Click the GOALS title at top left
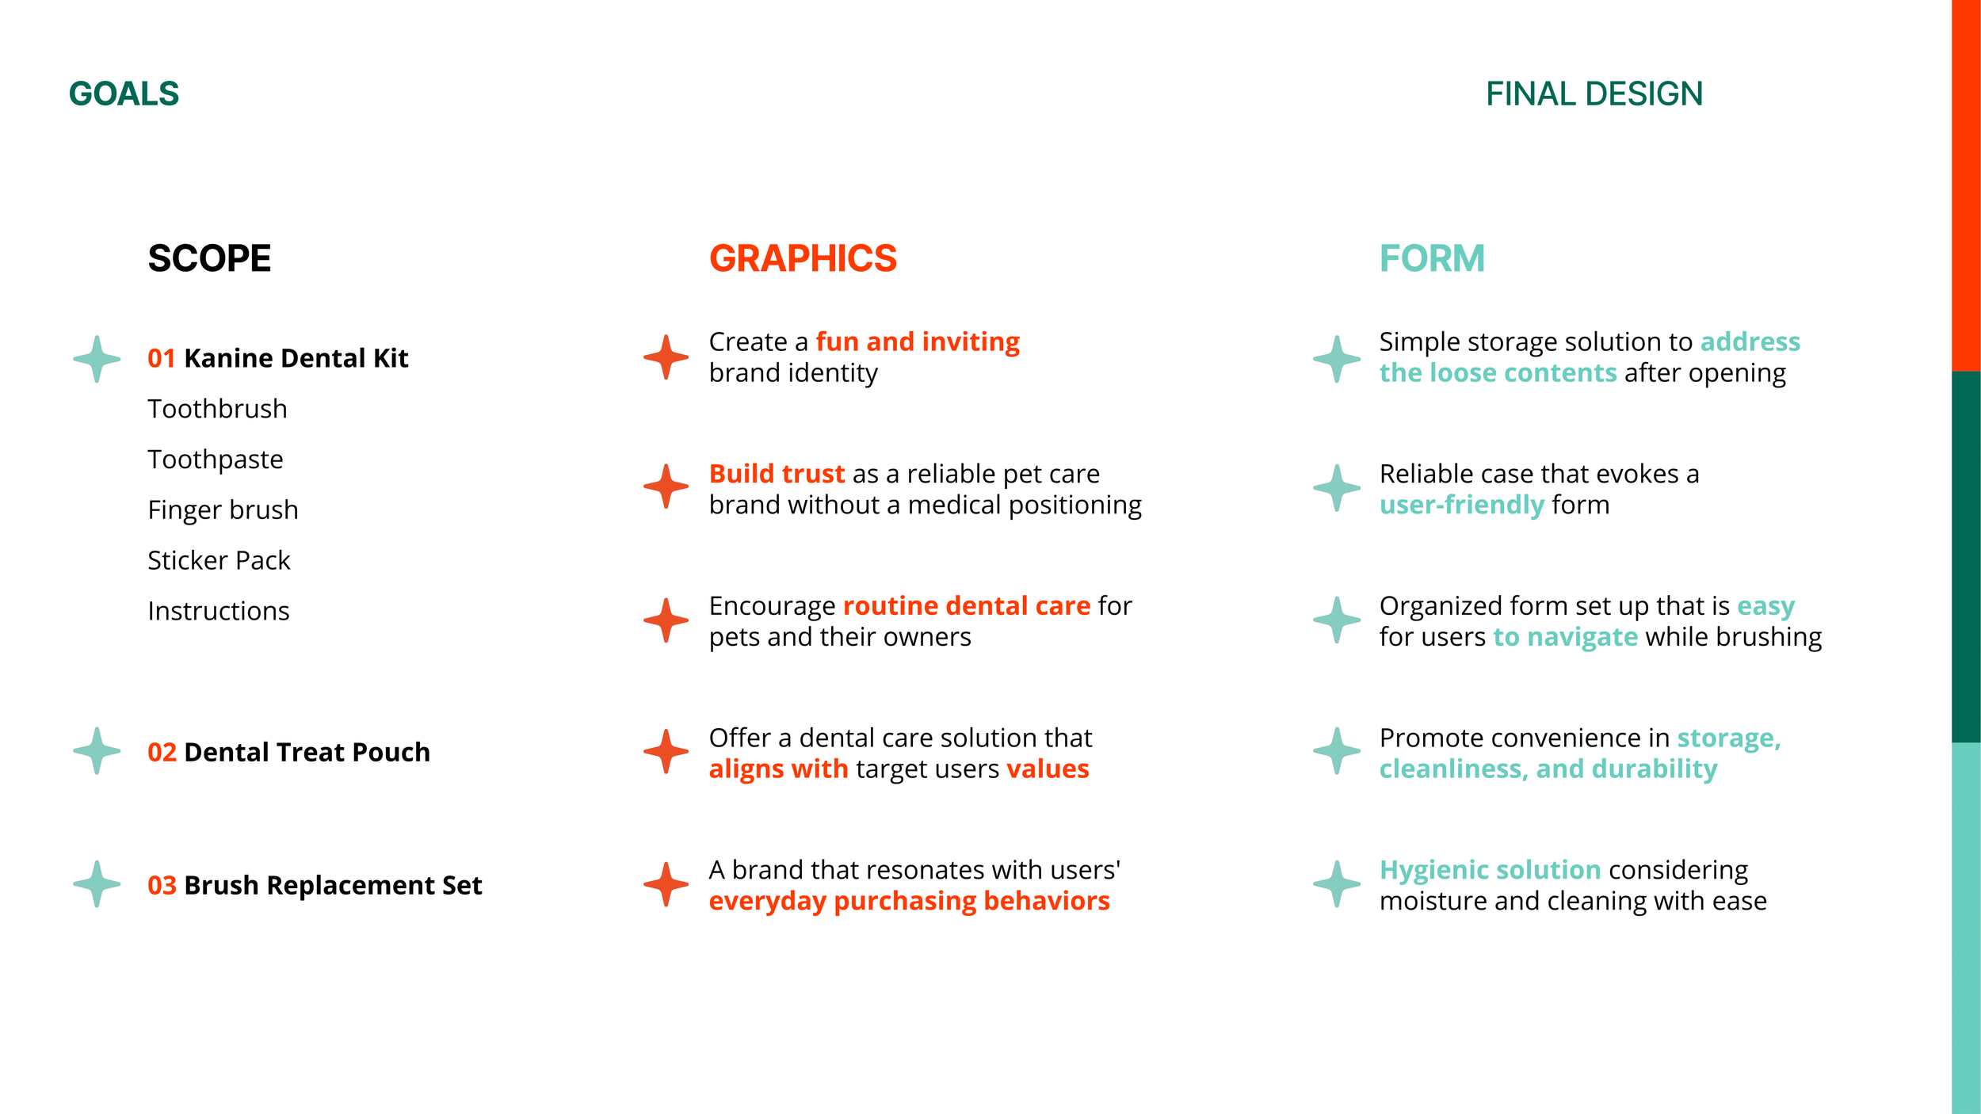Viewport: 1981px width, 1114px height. (x=124, y=94)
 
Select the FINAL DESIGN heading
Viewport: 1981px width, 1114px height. (x=1594, y=94)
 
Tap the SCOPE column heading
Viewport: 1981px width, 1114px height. (x=209, y=259)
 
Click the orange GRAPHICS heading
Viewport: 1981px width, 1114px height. (x=803, y=259)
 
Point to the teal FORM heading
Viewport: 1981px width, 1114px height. (x=1432, y=259)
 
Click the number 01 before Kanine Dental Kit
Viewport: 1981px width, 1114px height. (x=161, y=359)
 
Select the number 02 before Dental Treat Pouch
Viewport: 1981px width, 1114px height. (x=162, y=753)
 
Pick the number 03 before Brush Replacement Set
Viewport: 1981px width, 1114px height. (x=162, y=886)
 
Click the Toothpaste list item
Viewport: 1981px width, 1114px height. (x=216, y=460)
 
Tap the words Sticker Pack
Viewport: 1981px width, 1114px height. (x=219, y=561)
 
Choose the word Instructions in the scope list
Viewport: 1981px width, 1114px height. (x=219, y=612)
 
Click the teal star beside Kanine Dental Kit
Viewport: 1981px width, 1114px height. (x=97, y=359)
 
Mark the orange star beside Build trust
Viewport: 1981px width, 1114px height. (x=666, y=486)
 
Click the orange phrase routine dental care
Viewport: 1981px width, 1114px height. (x=967, y=606)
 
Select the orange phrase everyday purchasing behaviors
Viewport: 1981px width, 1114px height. (x=909, y=902)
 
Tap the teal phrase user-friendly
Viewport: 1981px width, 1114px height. (x=1461, y=505)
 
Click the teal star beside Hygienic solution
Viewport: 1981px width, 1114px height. (x=1337, y=884)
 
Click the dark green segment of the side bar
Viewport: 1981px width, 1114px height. (x=1966, y=557)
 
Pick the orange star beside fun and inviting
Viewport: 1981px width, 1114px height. (x=666, y=357)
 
